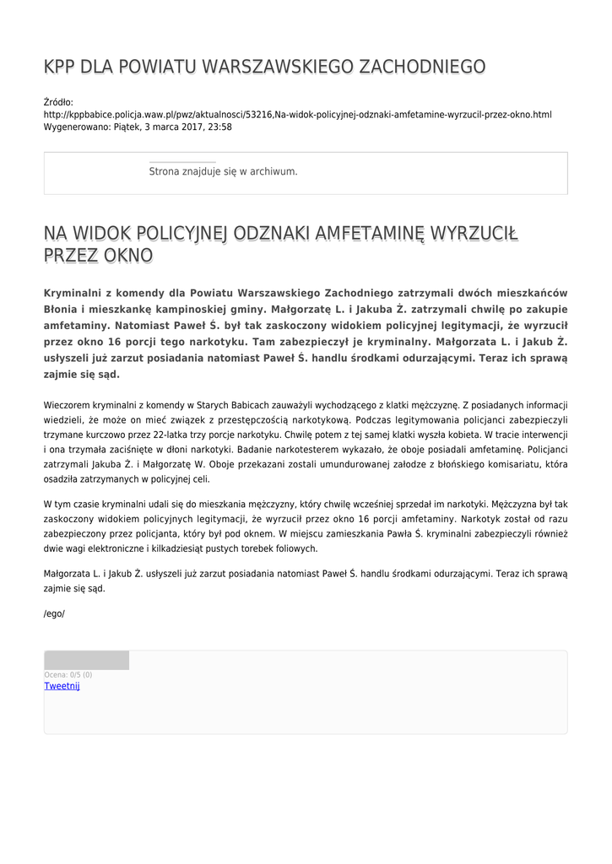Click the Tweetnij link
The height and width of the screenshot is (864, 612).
tap(62, 686)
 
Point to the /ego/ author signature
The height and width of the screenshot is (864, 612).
tap(54, 613)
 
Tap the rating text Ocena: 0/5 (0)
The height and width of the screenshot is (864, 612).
tap(68, 674)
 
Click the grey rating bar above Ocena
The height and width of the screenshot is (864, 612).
tap(86, 660)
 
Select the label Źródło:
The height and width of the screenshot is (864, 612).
tap(58, 102)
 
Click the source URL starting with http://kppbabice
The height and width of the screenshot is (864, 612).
tap(297, 114)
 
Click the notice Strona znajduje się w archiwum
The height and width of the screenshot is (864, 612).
tap(223, 171)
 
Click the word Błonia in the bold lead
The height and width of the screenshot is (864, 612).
tap(61, 309)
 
